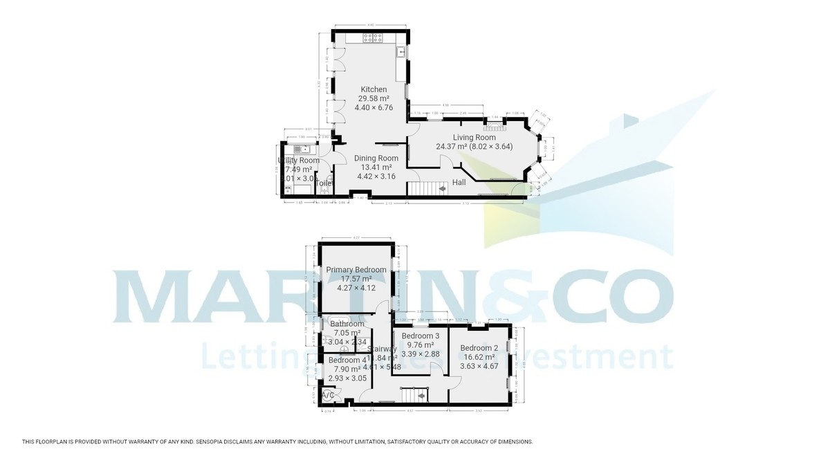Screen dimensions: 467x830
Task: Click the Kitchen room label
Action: pyautogui.click(x=373, y=90)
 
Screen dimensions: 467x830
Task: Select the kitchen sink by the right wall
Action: pyautogui.click(x=401, y=52)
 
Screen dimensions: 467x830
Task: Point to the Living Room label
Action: pyautogui.click(x=474, y=138)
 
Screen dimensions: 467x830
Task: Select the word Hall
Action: pyautogui.click(x=459, y=183)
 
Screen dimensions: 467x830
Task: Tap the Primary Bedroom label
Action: pyautogui.click(x=357, y=270)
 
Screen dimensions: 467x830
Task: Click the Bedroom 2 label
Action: pyautogui.click(x=479, y=348)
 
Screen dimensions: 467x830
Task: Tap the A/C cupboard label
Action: pyautogui.click(x=329, y=395)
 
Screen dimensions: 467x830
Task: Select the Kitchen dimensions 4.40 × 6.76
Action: pyautogui.click(x=373, y=107)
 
